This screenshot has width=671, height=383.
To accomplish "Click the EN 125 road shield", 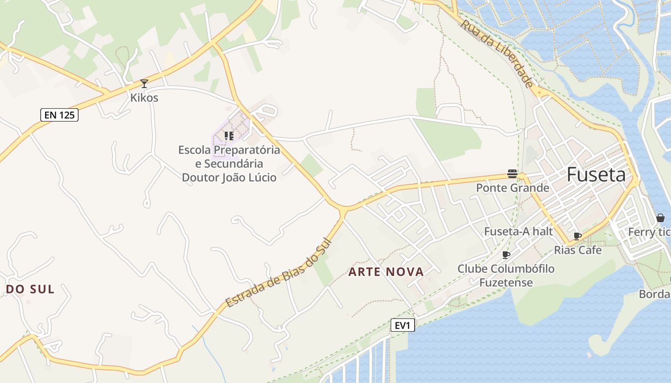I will [x=59, y=115].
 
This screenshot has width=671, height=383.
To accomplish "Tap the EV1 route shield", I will [x=402, y=326].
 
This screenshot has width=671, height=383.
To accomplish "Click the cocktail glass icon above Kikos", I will [x=144, y=83].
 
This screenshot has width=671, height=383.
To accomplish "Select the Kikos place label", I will [x=144, y=98].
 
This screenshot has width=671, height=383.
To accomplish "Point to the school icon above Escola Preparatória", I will [x=229, y=136].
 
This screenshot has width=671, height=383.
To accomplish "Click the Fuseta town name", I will [x=596, y=175].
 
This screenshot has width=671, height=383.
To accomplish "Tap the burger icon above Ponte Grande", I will [x=512, y=174].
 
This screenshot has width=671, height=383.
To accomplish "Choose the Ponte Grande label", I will [x=512, y=188].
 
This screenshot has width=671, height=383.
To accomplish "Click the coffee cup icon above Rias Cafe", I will [x=578, y=236].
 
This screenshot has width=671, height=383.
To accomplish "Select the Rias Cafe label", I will [x=578, y=250].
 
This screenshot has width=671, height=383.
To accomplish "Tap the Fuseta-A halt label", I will [x=519, y=231].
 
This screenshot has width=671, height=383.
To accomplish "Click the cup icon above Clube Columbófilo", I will [x=506, y=254].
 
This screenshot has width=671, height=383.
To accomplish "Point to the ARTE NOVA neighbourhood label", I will [x=386, y=272].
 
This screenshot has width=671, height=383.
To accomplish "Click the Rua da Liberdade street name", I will [x=497, y=53].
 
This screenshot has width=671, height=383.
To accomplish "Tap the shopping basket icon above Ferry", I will [x=660, y=218].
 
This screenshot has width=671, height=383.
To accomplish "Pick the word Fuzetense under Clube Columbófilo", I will [x=506, y=282].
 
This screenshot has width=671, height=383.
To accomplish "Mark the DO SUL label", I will [x=30, y=289].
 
